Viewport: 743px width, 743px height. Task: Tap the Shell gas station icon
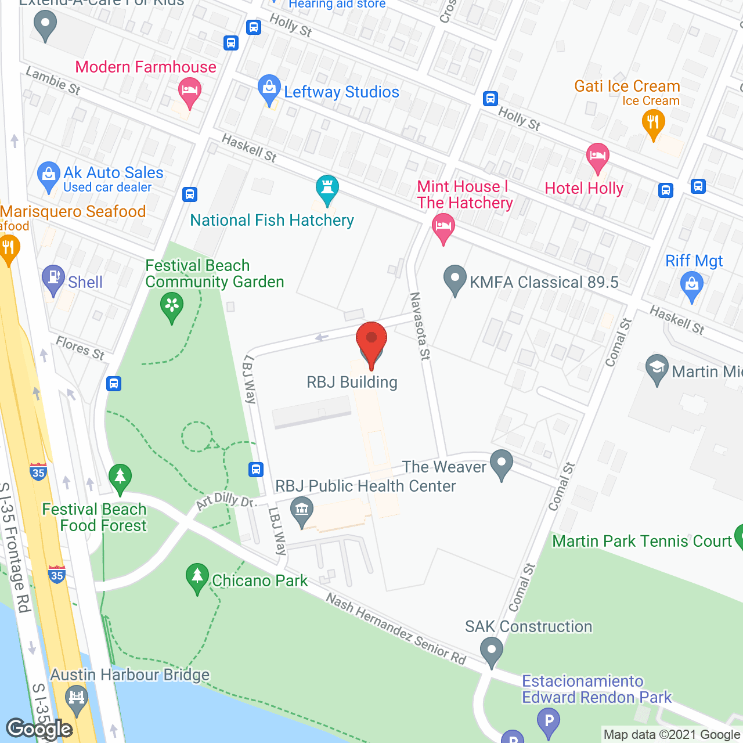click(x=53, y=279)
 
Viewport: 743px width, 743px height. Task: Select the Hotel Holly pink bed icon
click(x=597, y=157)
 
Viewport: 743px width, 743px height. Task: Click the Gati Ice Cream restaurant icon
click(x=653, y=124)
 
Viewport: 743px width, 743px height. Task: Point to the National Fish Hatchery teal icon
click(x=327, y=189)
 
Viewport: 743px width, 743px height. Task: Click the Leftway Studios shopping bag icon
click(x=269, y=89)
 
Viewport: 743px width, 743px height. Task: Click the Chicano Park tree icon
click(x=197, y=577)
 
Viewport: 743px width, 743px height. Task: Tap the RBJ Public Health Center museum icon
click(x=301, y=511)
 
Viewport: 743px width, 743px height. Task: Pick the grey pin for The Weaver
click(x=501, y=464)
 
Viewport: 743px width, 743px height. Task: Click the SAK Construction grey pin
click(x=492, y=651)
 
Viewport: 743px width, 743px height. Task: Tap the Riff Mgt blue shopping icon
click(x=691, y=286)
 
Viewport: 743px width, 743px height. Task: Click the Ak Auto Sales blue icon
click(x=48, y=175)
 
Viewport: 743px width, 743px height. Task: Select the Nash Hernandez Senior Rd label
click(x=396, y=629)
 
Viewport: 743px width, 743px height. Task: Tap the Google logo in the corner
click(x=39, y=729)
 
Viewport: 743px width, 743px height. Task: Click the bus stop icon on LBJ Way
click(x=256, y=469)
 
